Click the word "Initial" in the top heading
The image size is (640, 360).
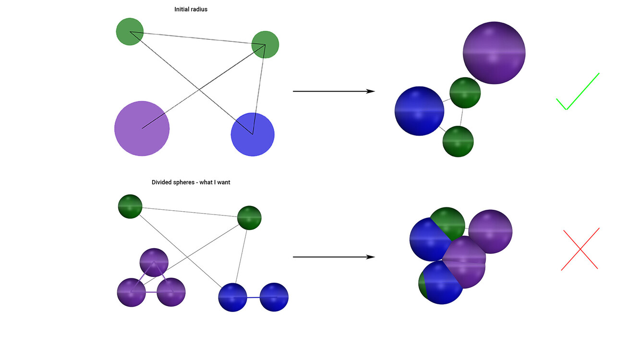[182, 9]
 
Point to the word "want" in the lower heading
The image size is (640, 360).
[223, 182]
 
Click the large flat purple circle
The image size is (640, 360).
[142, 128]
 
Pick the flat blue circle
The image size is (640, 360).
[253, 134]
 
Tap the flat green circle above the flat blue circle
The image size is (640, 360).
[265, 45]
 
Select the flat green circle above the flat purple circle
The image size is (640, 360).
[130, 32]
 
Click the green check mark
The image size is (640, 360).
[577, 92]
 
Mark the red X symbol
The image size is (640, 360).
[580, 249]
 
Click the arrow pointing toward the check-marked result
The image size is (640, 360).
[333, 91]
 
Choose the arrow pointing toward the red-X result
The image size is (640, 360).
[333, 257]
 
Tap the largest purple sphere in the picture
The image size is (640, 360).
[494, 53]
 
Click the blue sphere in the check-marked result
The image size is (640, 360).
[419, 111]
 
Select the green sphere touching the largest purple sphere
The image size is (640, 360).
[465, 93]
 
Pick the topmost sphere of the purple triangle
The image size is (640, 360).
[154, 263]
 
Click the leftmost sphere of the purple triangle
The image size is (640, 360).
[132, 292]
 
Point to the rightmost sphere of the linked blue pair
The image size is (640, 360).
[274, 297]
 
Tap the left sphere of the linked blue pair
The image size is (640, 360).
[233, 297]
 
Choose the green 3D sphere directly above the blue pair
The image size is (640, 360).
[249, 217]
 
